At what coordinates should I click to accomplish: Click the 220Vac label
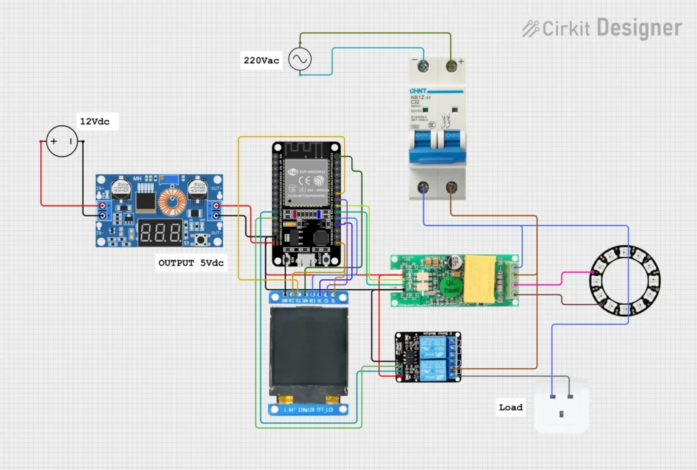(262, 61)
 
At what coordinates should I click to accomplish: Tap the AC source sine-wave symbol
(299, 60)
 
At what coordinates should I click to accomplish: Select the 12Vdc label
(94, 122)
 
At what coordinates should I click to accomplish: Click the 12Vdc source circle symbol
(61, 142)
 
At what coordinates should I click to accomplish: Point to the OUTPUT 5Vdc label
(191, 263)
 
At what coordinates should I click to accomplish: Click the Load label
(510, 407)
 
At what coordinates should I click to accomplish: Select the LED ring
(624, 281)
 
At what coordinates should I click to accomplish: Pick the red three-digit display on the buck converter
(161, 232)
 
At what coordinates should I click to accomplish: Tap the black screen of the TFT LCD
(304, 351)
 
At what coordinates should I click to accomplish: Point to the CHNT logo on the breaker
(418, 91)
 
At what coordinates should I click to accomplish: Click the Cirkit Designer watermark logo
(602, 29)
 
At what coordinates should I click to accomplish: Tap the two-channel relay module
(428, 358)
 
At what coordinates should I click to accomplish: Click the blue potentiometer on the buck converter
(172, 178)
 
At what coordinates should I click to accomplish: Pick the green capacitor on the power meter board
(448, 285)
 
